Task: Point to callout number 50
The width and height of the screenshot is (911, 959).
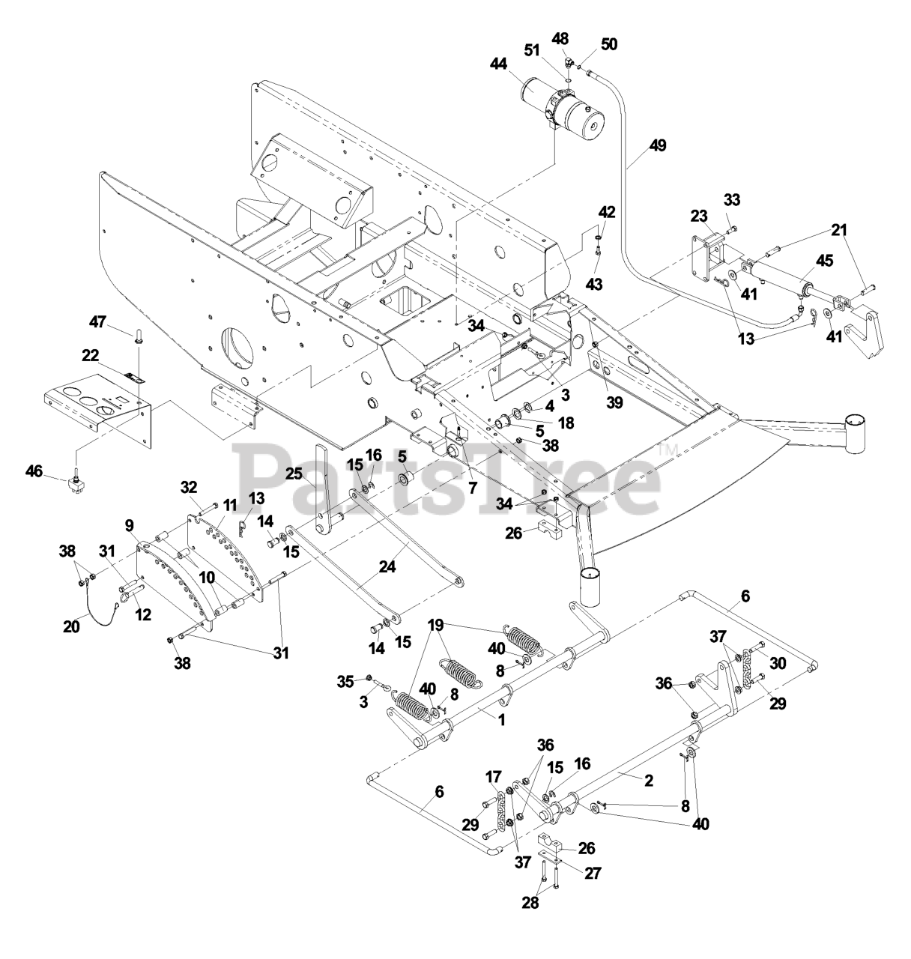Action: coord(609,44)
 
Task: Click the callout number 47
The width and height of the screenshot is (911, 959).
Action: coord(118,322)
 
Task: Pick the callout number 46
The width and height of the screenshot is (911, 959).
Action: coord(34,471)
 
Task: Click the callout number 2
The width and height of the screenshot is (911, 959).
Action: coord(648,780)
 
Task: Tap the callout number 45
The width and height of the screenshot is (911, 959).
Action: coord(823,261)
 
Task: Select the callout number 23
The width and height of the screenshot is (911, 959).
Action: coord(699,216)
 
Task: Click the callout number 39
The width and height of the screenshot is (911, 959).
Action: coord(614,403)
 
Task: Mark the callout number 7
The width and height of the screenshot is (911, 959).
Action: coord(472,488)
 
